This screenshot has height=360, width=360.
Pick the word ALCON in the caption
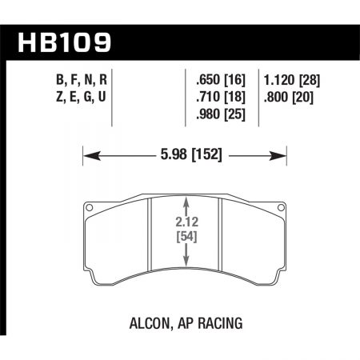pos(150,324)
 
